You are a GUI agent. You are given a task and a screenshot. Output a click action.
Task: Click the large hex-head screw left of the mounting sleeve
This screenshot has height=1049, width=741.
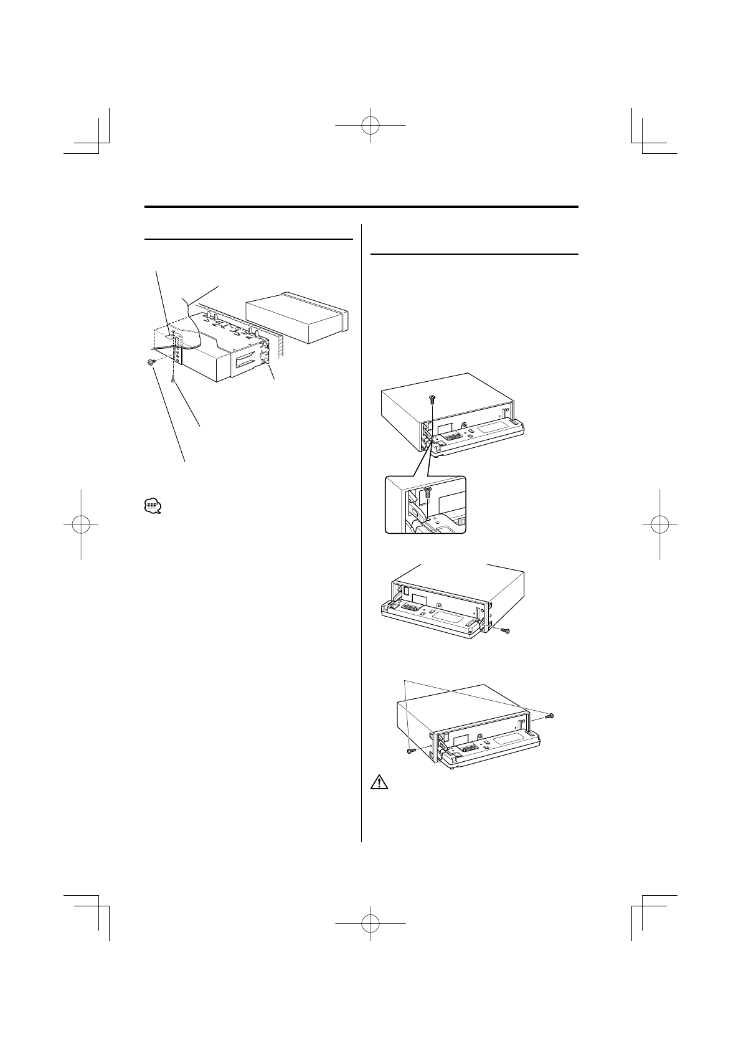[151, 362]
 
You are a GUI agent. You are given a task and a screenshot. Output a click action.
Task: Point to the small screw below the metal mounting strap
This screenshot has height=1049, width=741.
[173, 379]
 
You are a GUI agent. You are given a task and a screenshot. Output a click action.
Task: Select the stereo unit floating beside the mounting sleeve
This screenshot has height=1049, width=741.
[298, 318]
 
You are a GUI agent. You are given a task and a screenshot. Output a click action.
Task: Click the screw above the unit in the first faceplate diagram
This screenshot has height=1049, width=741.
[432, 399]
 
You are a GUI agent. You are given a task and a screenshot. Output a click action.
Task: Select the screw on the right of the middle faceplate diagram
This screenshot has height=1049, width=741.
[506, 631]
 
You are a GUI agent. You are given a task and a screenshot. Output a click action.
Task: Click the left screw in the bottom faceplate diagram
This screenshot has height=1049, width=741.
[409, 751]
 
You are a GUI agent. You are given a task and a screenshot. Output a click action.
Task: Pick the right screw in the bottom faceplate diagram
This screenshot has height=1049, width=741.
[549, 716]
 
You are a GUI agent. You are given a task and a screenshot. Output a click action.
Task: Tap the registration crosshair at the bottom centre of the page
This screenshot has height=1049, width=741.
[370, 923]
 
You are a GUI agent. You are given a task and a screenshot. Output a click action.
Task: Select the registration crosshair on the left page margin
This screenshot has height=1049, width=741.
[82, 524]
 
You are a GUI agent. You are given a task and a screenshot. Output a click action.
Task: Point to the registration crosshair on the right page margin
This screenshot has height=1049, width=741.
[659, 524]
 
